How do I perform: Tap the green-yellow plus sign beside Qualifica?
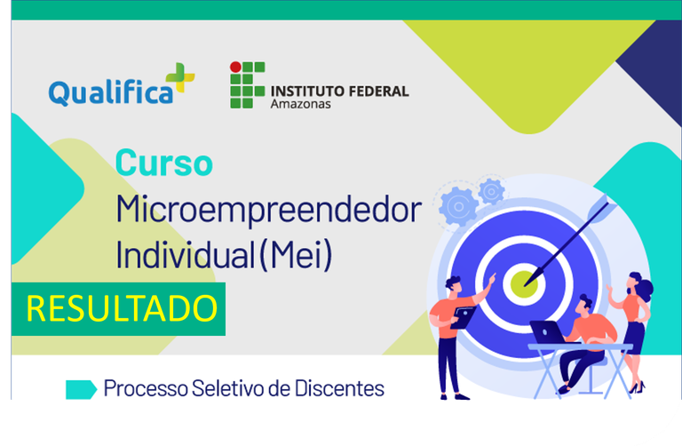pyautogui.click(x=179, y=77)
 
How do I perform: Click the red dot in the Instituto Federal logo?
pyautogui.click(x=235, y=67)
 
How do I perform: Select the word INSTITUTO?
pyautogui.click(x=307, y=92)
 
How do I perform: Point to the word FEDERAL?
pyautogui.click(x=379, y=92)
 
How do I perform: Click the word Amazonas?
pyautogui.click(x=300, y=104)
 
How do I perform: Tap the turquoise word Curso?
pyautogui.click(x=164, y=163)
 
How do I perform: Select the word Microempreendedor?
pyautogui.click(x=268, y=211)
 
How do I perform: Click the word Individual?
pyautogui.click(x=185, y=255)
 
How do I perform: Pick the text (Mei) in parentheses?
pyautogui.click(x=296, y=255)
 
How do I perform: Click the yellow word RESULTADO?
pyautogui.click(x=122, y=308)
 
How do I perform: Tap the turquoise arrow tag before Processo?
pyautogui.click(x=82, y=389)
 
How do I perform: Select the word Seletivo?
pyautogui.click(x=228, y=388)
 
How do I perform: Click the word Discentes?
pyautogui.click(x=339, y=388)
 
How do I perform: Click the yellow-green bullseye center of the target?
pyautogui.click(x=524, y=284)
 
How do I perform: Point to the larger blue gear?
pyautogui.click(x=458, y=207)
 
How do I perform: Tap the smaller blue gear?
pyautogui.click(x=491, y=191)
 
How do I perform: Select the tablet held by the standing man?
pyautogui.click(x=463, y=318)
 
